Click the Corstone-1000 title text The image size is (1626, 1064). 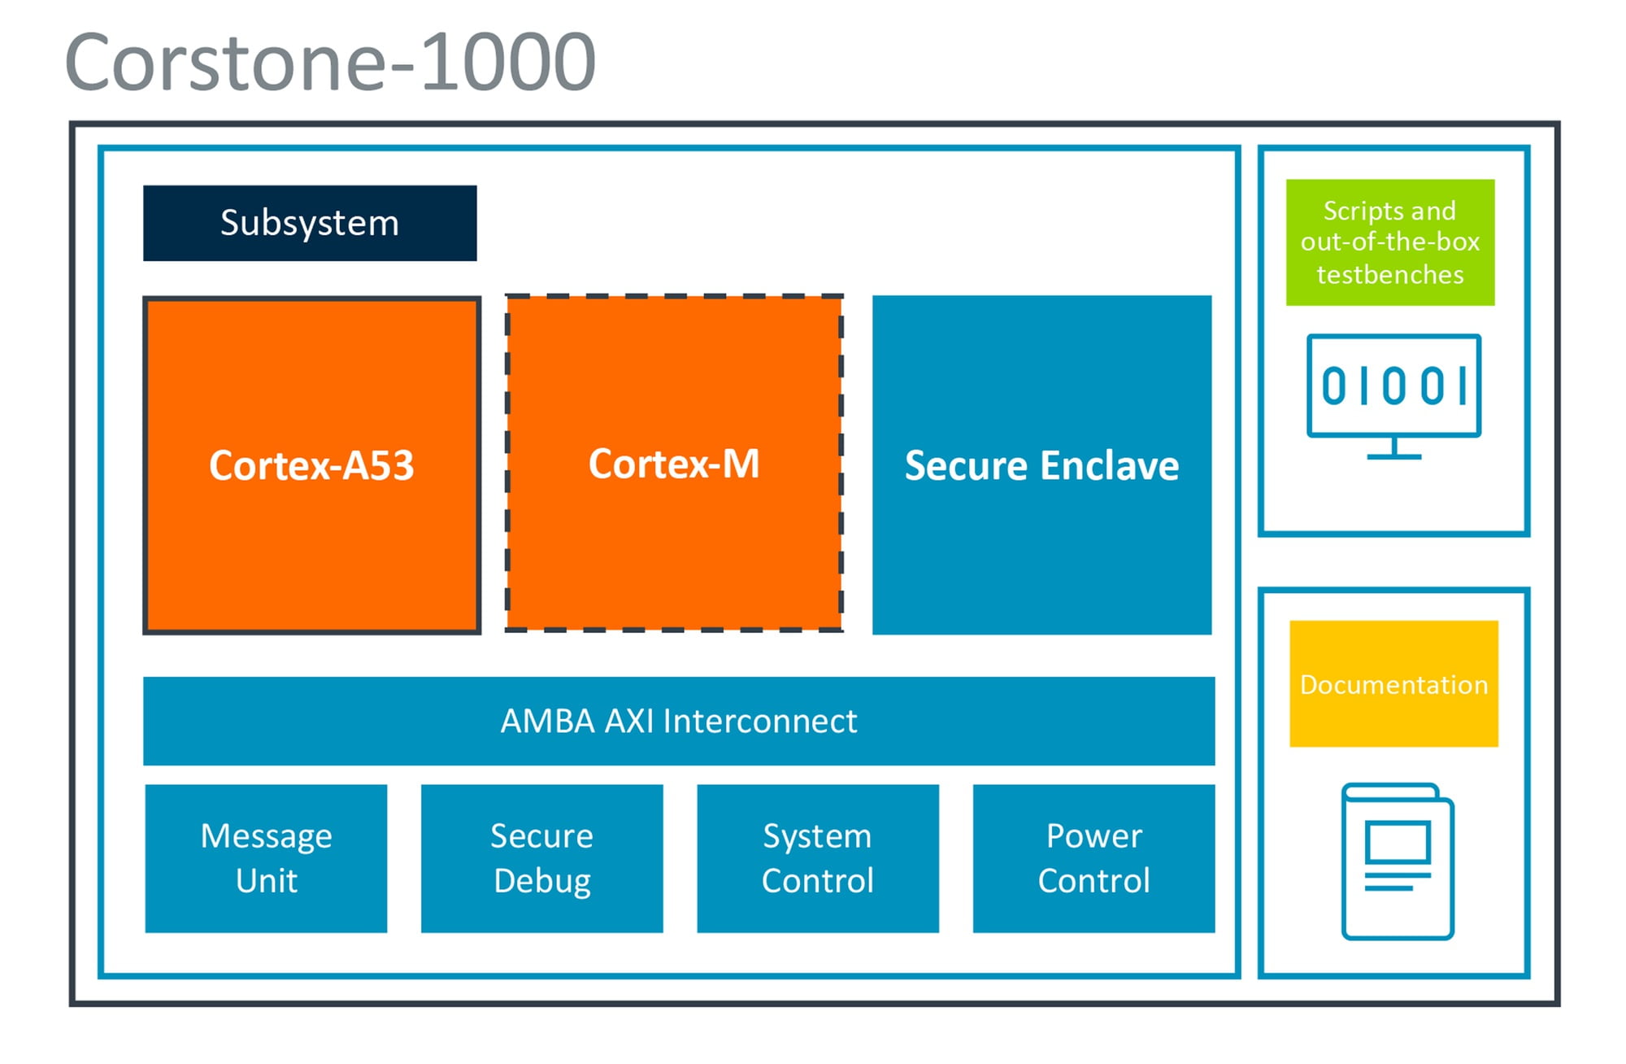click(x=330, y=62)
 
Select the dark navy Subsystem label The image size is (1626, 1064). click(x=310, y=223)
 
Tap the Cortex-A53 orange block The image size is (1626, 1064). click(x=312, y=465)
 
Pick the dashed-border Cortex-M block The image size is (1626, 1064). click(x=674, y=464)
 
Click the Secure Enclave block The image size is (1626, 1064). click(x=1042, y=464)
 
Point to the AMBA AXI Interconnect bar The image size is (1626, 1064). click(x=679, y=721)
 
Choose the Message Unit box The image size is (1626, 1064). click(x=266, y=858)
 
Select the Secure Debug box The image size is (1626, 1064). click(x=542, y=858)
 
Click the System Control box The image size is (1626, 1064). click(x=818, y=858)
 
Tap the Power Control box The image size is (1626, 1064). click(x=1094, y=858)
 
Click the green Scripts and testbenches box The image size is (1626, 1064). click(x=1390, y=242)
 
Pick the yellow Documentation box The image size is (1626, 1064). click(x=1394, y=684)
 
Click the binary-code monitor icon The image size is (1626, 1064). click(x=1394, y=397)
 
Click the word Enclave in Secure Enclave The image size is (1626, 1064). click(x=1110, y=466)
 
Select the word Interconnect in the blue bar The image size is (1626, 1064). click(x=760, y=721)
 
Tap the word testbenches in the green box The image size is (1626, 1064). click(x=1390, y=275)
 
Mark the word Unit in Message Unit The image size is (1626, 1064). click(x=267, y=881)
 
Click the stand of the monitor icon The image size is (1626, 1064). click(x=1394, y=449)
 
